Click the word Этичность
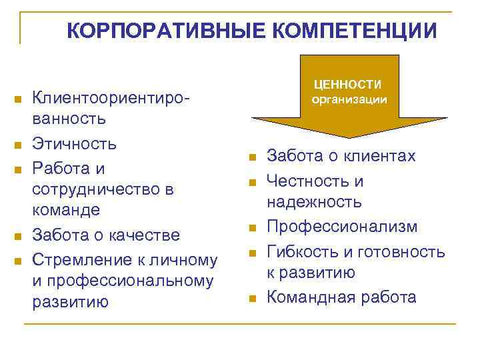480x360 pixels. click(x=74, y=143)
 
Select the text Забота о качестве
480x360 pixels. click(x=106, y=235)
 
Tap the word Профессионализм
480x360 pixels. click(x=342, y=227)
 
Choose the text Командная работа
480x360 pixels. click(x=341, y=297)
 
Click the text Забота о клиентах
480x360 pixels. click(x=341, y=156)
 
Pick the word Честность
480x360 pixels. click(x=308, y=181)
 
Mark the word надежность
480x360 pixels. click(x=314, y=201)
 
